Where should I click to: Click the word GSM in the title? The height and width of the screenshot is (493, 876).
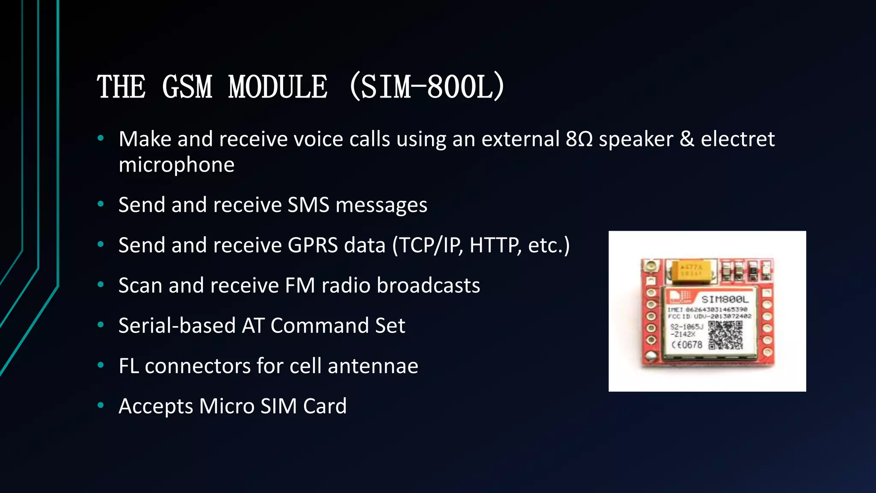(187, 87)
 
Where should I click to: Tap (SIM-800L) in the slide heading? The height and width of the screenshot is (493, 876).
(427, 87)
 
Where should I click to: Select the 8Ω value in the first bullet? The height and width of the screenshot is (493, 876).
(579, 139)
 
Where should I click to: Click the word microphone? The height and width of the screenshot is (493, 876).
(176, 165)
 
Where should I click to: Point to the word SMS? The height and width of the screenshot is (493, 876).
(308, 205)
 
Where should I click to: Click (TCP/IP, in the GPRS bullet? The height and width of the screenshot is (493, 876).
(427, 245)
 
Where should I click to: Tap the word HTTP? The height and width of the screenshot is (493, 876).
(494, 245)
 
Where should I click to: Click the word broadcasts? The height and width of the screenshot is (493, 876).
(428, 285)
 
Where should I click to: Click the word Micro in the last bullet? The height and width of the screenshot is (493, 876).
(227, 406)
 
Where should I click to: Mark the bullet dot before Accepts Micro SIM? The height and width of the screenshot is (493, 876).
(101, 405)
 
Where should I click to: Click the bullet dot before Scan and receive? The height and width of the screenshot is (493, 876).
(101, 285)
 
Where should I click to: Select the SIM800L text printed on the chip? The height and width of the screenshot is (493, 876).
(725, 299)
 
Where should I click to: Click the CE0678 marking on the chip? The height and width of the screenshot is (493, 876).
(687, 345)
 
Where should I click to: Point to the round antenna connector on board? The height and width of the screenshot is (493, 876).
(651, 267)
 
